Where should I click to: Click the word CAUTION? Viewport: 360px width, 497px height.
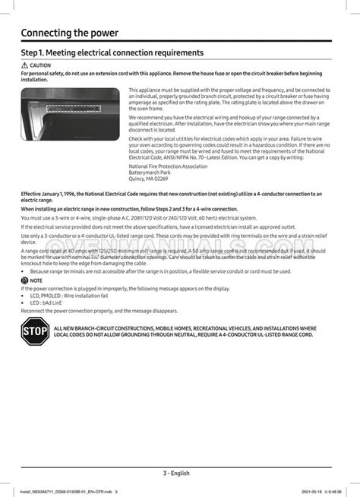[40, 66]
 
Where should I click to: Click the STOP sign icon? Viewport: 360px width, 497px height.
[36, 331]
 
